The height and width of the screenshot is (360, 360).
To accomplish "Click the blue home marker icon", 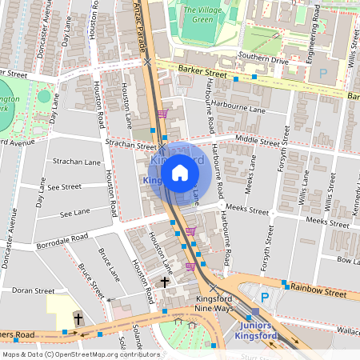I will [x=180, y=172].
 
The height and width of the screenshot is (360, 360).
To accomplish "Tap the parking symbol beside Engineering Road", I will [x=324, y=73].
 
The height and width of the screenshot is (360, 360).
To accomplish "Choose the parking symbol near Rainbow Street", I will [x=265, y=297].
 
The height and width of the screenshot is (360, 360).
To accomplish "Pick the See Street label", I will [x=65, y=186].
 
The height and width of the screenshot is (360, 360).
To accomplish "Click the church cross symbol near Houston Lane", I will [x=166, y=282].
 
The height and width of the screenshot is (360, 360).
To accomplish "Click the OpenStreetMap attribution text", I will [x=70, y=354].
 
